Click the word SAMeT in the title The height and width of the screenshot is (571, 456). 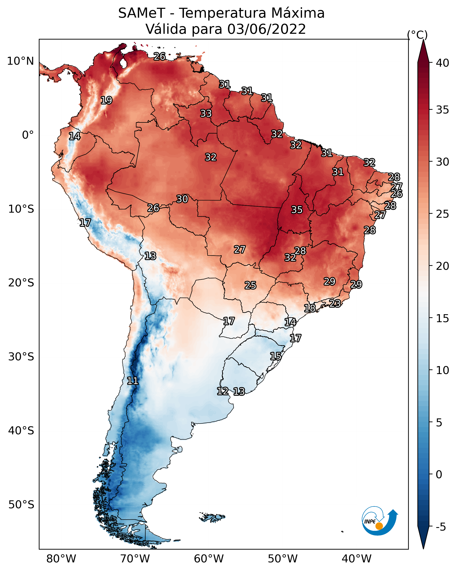click(142, 13)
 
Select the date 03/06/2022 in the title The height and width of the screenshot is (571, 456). click(266, 29)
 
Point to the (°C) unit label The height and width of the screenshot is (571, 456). click(417, 35)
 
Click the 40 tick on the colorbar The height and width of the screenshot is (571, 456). click(442, 63)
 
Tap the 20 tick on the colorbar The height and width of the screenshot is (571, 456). click(442, 266)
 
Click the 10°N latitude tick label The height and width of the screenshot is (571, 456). click(20, 61)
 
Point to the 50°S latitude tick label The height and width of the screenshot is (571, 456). click(21, 505)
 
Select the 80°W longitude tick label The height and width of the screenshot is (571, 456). click(61, 559)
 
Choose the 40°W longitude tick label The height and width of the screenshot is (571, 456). click(357, 559)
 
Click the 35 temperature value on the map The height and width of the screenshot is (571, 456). click(297, 210)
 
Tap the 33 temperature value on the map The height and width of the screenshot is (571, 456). click(206, 113)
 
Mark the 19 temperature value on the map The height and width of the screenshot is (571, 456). click(106, 100)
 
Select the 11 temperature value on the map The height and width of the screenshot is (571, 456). click(133, 381)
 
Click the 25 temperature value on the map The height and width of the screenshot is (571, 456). click(250, 285)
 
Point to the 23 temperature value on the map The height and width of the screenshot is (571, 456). click(335, 303)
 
